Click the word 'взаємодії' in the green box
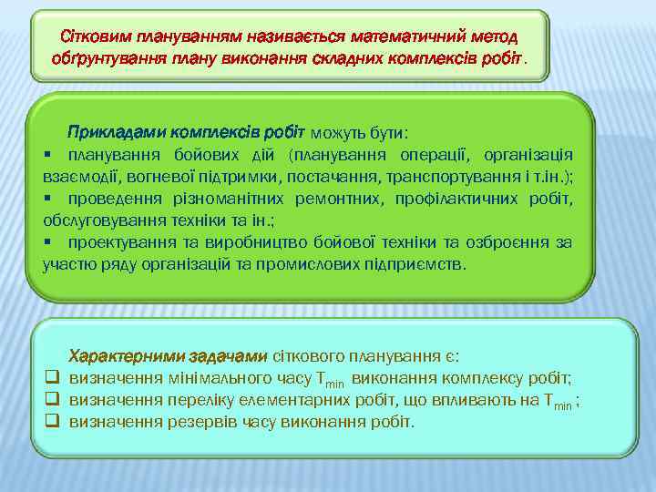[76, 176]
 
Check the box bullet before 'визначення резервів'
[52, 422]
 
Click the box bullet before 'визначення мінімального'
[52, 378]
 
